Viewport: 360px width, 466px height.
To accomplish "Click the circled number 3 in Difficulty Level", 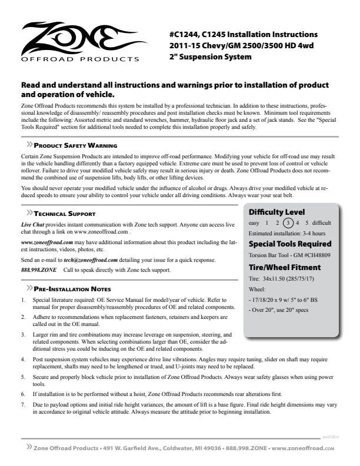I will coord(287,223).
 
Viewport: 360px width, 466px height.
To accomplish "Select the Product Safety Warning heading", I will coord(75,145).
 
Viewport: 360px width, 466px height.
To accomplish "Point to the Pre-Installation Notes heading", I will coord(72,289).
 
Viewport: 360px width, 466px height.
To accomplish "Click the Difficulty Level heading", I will coord(276,212).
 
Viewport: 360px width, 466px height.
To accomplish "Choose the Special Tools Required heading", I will coord(290,244).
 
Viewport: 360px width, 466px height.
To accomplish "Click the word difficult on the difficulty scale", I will coord(320,223).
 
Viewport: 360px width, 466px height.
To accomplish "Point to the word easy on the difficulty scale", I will coord(254,223).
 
